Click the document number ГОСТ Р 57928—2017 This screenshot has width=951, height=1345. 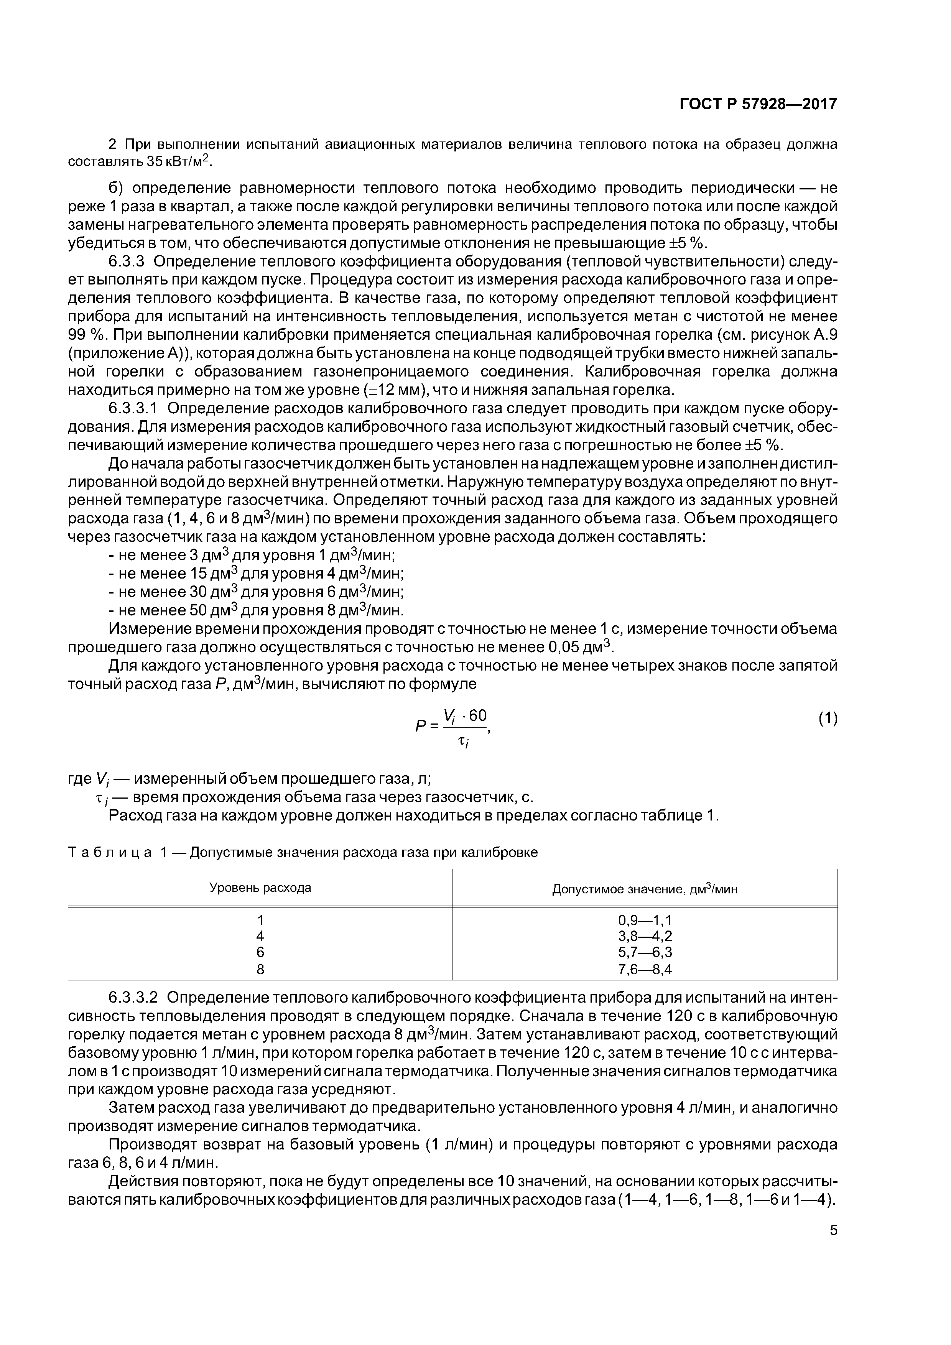[758, 104]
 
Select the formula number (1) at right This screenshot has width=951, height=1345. [828, 719]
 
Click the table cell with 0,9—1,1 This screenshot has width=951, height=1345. [645, 920]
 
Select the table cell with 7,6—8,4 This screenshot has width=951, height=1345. [645, 970]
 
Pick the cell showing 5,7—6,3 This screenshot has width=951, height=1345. [645, 953]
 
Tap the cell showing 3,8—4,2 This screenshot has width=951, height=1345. [645, 937]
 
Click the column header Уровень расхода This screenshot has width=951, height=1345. [260, 888]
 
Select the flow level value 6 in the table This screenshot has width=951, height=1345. [260, 953]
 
